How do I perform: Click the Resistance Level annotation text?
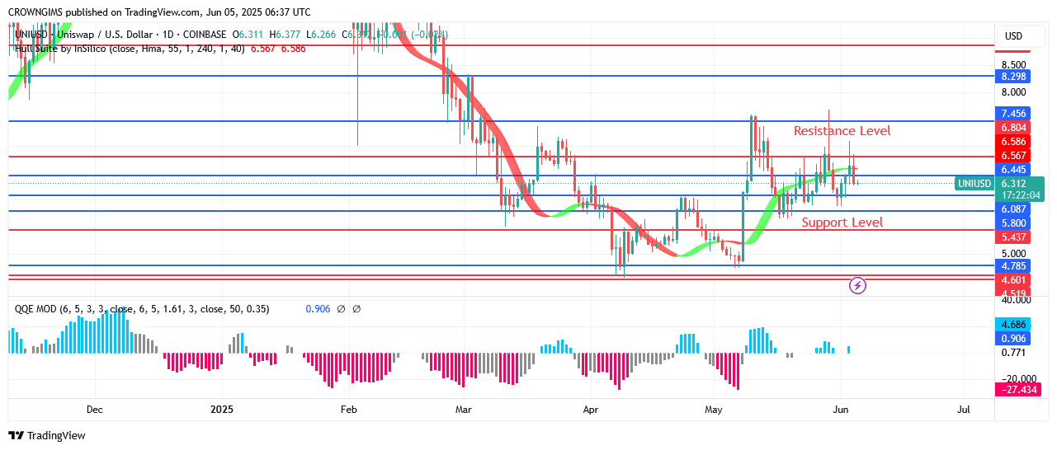[842, 131]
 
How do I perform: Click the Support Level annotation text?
[842, 223]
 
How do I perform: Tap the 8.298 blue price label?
[1012, 77]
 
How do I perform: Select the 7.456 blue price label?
[1012, 114]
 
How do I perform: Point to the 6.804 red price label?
[1012, 128]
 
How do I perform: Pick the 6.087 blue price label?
[1012, 209]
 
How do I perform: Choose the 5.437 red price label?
[1012, 237]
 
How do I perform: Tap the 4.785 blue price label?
[1012, 266]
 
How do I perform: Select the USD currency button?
[1012, 36]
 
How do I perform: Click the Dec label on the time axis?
[94, 410]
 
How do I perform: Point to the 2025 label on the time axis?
[223, 410]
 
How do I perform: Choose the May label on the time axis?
[714, 410]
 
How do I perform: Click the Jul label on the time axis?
[963, 410]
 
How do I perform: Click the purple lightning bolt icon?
[857, 286]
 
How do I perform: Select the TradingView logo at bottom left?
[47, 435]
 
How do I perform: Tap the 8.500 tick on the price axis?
[1012, 65]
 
